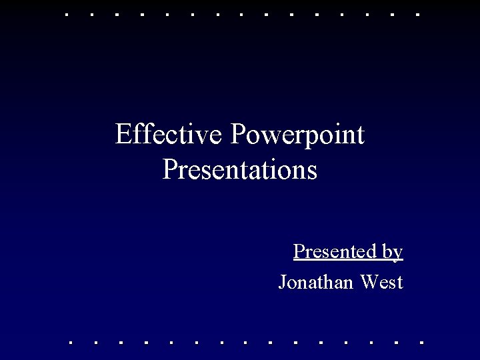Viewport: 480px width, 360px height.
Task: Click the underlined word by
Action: point(393,253)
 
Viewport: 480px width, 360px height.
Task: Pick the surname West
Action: point(381,282)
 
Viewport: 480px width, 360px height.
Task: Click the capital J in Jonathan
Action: point(282,283)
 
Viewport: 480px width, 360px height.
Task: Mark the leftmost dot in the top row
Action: point(66,13)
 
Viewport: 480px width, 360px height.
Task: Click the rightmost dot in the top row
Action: point(417,13)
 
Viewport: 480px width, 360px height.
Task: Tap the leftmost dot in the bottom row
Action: point(71,343)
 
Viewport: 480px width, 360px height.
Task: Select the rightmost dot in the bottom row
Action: point(421,343)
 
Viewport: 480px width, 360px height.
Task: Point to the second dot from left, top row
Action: point(91,13)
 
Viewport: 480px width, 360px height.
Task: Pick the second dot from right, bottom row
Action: point(396,343)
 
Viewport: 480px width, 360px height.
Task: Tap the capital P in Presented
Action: point(298,251)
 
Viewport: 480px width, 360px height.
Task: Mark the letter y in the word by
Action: point(398,254)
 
